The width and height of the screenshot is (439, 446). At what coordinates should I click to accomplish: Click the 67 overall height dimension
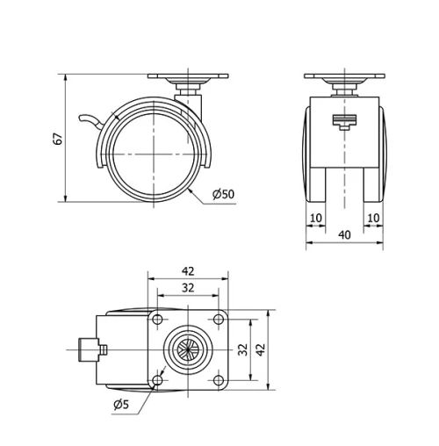click(x=58, y=138)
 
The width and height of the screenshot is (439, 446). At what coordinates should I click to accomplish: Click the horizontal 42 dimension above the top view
click(x=189, y=272)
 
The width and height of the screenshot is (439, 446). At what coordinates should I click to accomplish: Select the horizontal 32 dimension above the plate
click(x=189, y=287)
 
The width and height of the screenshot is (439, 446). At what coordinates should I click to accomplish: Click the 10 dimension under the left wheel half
click(x=316, y=217)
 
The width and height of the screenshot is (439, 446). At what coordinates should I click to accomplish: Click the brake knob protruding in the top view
click(x=85, y=348)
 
